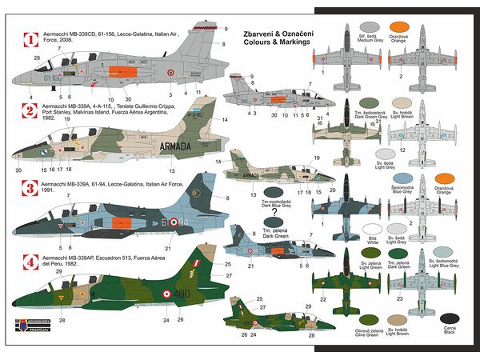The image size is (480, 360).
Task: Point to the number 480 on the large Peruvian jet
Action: (x=183, y=294)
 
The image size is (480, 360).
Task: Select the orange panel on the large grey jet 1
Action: (x=104, y=82)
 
